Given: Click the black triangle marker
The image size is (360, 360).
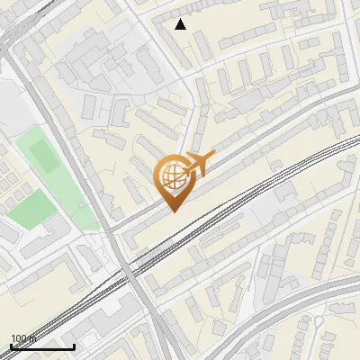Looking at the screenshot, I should (181, 24).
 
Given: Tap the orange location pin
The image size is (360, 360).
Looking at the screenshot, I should (174, 180).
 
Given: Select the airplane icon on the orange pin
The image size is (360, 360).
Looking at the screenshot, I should (198, 164).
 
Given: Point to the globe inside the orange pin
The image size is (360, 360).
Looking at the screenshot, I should (171, 175).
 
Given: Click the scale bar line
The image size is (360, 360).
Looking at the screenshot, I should (42, 346).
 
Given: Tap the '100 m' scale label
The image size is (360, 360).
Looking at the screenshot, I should (22, 338).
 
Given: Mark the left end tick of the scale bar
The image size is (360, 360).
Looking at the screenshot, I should (11, 345).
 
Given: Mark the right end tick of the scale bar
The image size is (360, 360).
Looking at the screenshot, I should (74, 345).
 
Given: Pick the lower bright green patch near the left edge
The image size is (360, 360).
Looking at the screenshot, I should (31, 211).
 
